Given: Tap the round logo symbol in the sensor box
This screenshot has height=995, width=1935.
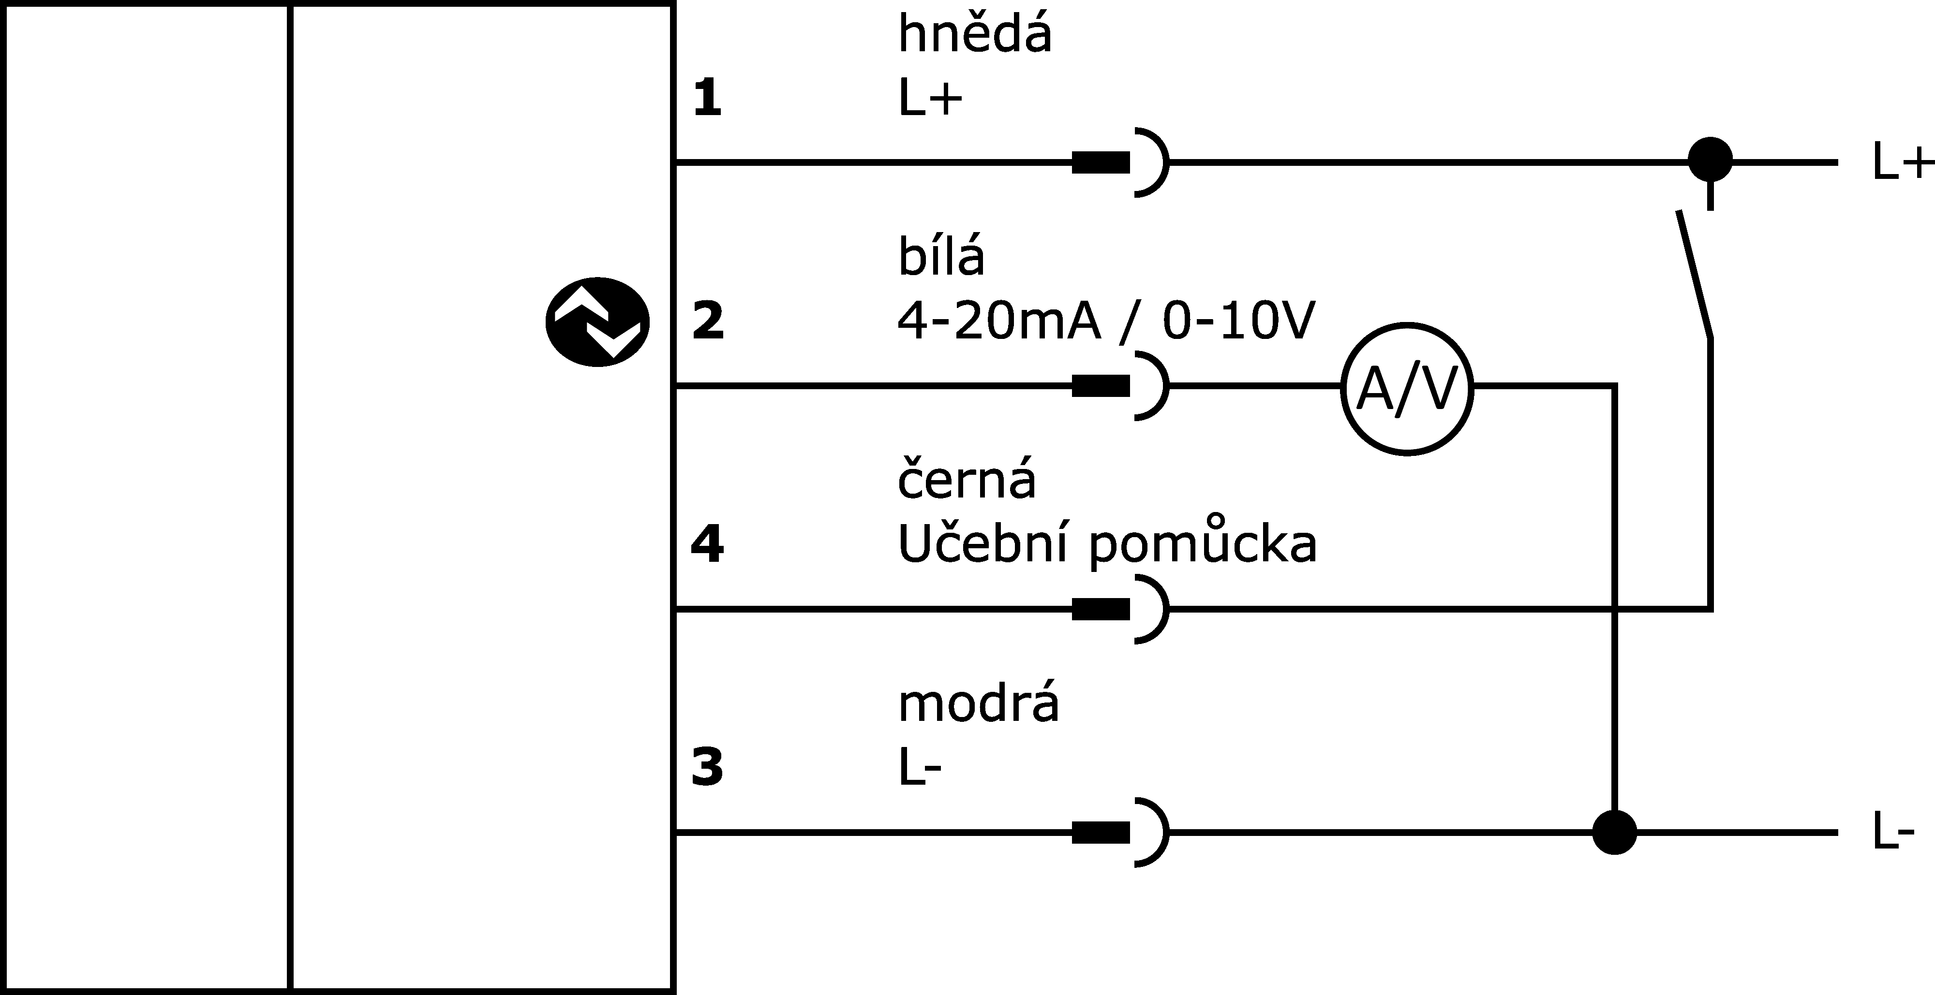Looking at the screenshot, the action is tap(597, 322).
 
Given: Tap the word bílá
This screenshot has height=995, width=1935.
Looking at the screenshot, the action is tap(941, 257).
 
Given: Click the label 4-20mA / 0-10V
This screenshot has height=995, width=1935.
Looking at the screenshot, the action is tap(1106, 322).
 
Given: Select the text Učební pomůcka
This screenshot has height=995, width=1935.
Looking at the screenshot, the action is tap(1107, 544).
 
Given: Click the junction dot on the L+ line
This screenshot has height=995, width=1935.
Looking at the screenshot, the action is tap(1711, 160).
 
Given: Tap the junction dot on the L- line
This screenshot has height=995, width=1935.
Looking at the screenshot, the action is tap(1614, 832).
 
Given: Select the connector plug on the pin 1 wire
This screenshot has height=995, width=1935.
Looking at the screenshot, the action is tap(1120, 161).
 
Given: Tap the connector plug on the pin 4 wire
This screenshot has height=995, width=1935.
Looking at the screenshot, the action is tap(1120, 609).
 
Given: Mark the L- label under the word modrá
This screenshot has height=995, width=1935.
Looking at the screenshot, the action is tap(920, 767).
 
